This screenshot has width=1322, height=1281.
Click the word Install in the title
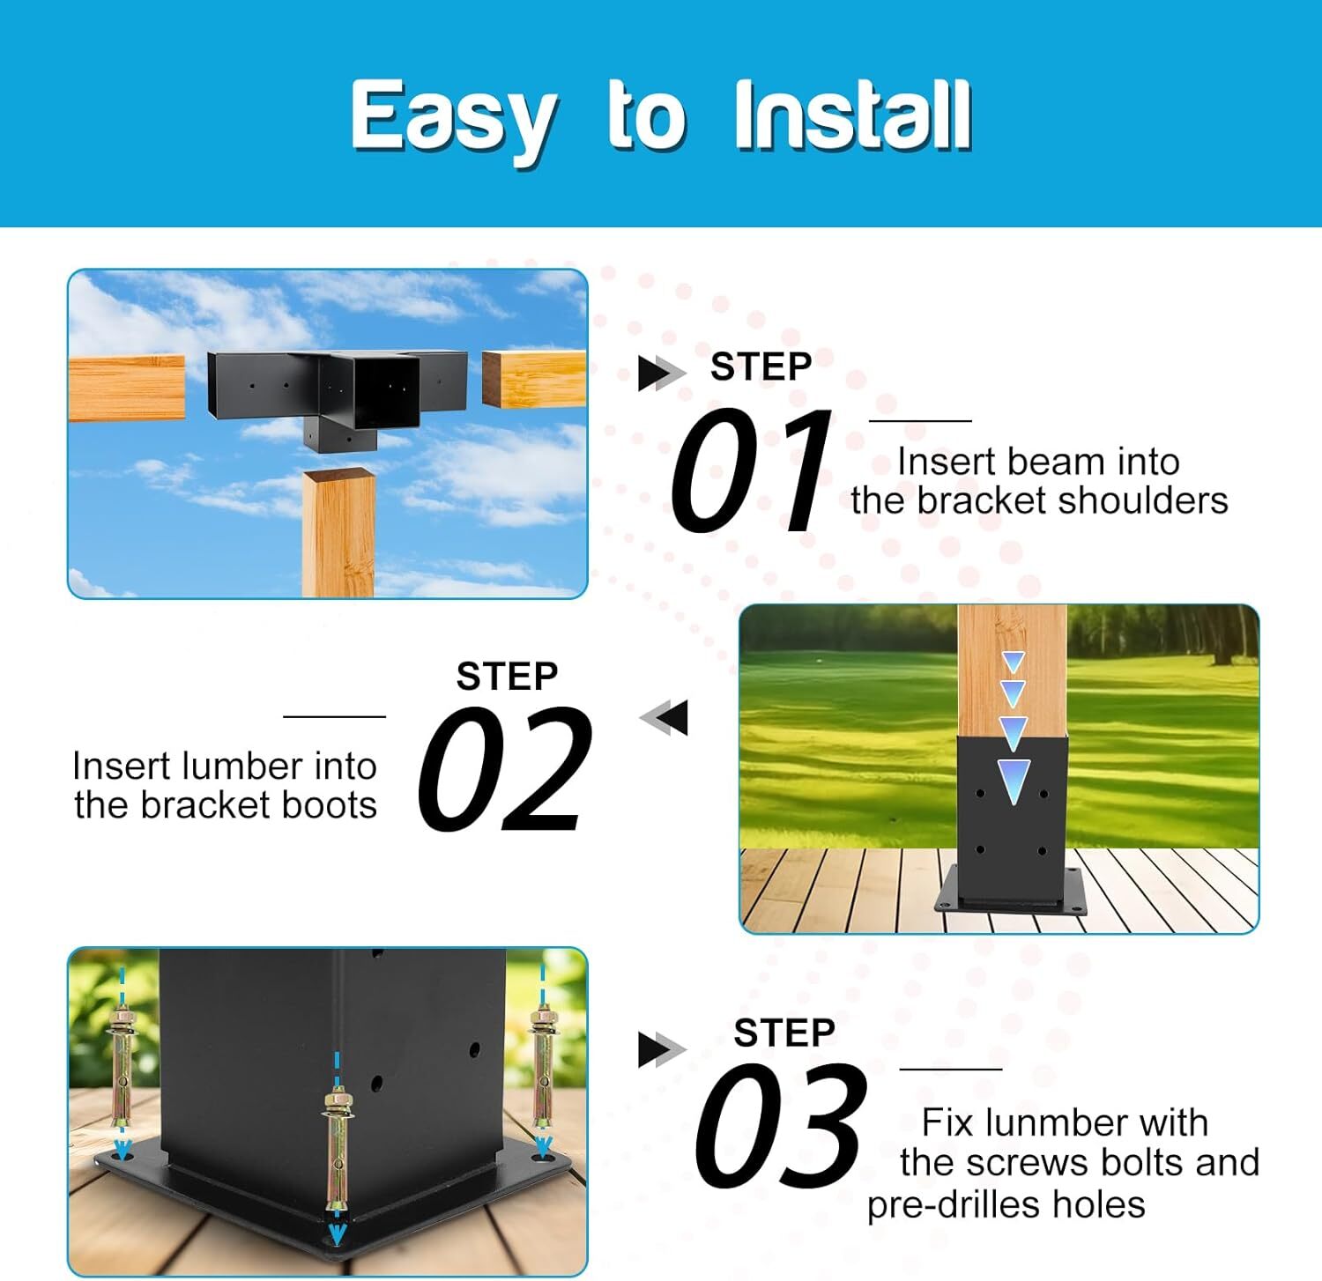(852, 115)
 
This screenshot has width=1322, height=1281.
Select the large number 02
(504, 769)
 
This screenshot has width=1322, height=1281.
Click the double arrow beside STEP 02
(664, 717)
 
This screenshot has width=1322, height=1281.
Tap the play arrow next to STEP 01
(661, 373)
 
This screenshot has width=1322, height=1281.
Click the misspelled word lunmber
(1043, 1122)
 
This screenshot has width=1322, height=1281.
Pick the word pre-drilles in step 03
(948, 1204)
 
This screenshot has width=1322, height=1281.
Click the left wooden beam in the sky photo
(126, 388)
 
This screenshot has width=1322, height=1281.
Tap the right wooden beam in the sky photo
(534, 379)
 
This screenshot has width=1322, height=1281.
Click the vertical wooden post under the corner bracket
(338, 532)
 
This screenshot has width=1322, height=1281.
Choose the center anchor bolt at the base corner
(337, 1154)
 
